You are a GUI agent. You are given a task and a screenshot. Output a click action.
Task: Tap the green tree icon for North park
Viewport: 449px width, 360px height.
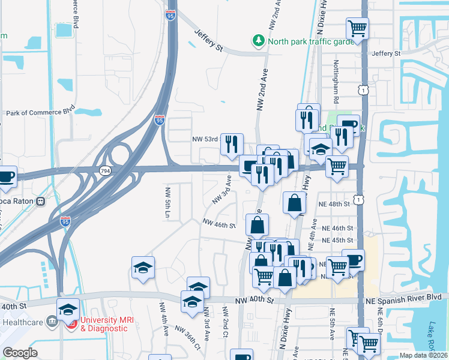click(258, 40)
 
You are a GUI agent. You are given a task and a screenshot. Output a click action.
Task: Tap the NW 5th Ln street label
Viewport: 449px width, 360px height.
click(167, 203)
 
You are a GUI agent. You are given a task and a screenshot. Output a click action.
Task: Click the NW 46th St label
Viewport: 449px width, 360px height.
click(218, 223)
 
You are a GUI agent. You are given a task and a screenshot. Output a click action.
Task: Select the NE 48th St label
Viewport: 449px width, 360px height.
click(335, 204)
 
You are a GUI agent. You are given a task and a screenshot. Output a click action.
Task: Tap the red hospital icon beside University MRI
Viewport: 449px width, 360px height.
click(71, 324)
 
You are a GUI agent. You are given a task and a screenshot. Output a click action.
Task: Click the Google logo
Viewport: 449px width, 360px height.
click(20, 353)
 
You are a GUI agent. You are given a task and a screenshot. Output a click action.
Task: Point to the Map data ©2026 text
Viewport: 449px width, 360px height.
click(423, 355)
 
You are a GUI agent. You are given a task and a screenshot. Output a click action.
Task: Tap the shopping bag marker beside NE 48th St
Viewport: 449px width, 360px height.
click(295, 203)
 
